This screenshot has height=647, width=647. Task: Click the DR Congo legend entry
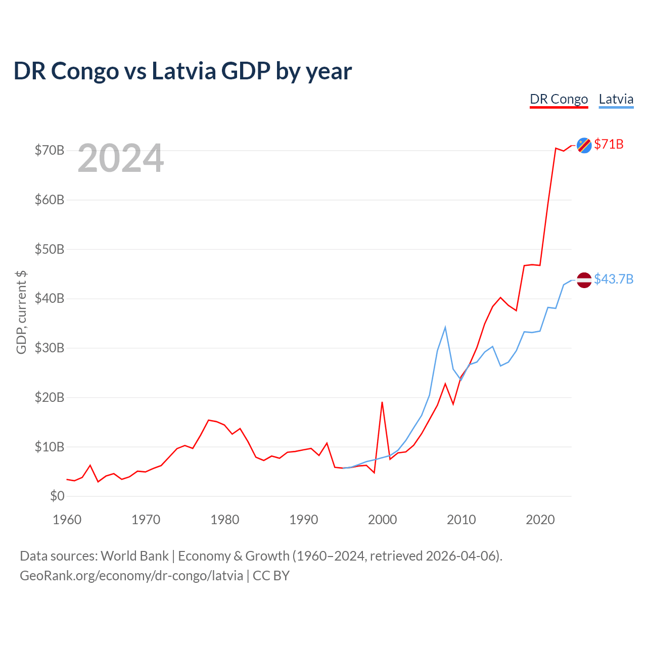pos(559,99)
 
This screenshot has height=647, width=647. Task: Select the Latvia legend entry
pos(616,99)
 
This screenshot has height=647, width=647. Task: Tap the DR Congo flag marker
pos(584,145)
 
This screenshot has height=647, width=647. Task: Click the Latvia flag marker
pos(584,280)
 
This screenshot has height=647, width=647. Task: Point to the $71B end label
pos(609,145)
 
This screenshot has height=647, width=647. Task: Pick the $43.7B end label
pos(614,279)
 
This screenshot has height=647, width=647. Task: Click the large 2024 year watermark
pos(120,158)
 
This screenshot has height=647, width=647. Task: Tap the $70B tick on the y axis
pos(50,150)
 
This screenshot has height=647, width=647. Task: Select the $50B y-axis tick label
pos(50,249)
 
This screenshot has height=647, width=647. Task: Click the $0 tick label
pos(57,496)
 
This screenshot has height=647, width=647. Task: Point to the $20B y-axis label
pos(50,397)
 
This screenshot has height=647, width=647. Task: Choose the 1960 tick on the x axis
pos(67,520)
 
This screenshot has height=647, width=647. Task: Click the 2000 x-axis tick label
pos(383,520)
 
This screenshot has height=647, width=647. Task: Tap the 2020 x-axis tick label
pos(540,520)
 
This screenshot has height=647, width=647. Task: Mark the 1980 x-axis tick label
pos(225,520)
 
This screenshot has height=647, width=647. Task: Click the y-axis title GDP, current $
pos(21,312)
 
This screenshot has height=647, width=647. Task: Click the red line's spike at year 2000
pos(382,402)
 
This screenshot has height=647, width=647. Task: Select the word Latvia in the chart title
pos(184,71)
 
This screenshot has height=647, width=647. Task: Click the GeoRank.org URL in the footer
pos(131,576)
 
